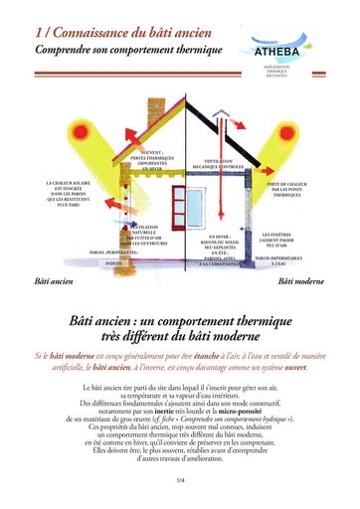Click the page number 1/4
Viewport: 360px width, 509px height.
pyautogui.click(x=180, y=481)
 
